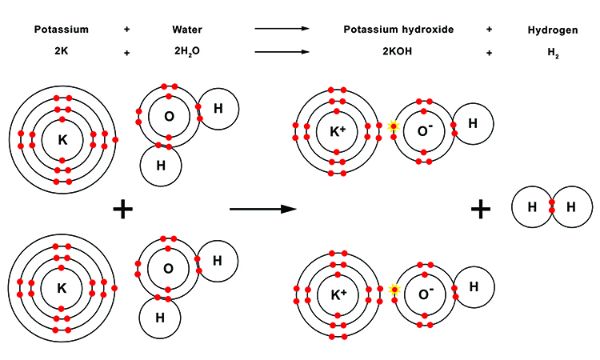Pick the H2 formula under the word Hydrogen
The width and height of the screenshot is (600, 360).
point(550,53)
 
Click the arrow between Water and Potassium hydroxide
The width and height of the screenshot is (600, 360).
point(282,30)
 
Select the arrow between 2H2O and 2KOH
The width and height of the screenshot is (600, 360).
point(282,53)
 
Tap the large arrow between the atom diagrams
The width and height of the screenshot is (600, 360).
point(262,210)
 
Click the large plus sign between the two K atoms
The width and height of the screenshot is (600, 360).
point(122,210)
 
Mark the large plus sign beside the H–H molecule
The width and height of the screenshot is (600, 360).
point(480,210)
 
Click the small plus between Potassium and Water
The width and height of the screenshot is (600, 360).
point(126,30)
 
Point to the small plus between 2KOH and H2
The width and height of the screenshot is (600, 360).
point(488,53)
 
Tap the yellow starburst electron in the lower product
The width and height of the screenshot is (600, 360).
point(394,289)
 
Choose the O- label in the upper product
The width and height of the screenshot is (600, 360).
point(424,130)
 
